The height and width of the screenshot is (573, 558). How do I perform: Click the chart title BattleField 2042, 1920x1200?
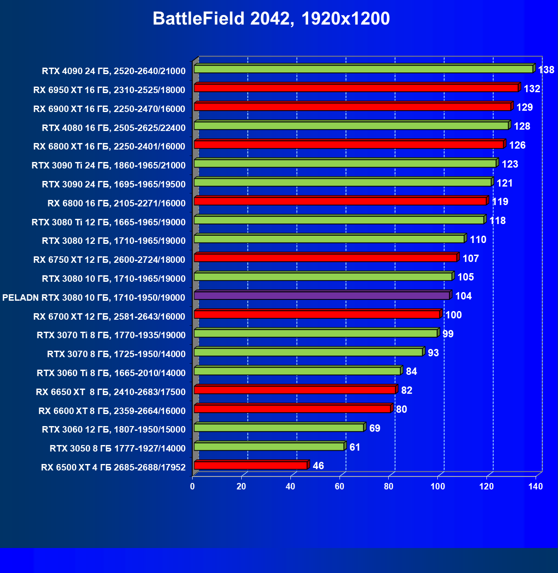pyautogui.click(x=271, y=19)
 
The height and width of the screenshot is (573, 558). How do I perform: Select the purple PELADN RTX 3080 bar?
pyautogui.click(x=322, y=296)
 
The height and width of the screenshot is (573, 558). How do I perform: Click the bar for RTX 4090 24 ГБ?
pyautogui.click(x=363, y=69)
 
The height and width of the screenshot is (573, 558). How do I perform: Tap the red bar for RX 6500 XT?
pyautogui.click(x=251, y=465)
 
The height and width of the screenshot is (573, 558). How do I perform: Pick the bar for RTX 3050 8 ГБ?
pyautogui.click(x=269, y=447)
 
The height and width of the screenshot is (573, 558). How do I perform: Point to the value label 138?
pyautogui.click(x=546, y=70)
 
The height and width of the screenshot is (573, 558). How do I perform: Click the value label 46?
pyautogui.click(x=318, y=466)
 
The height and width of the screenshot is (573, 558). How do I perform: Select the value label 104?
pyautogui.click(x=463, y=296)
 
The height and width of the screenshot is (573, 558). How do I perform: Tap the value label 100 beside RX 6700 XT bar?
pyautogui.click(x=453, y=315)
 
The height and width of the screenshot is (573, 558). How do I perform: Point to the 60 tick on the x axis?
pyautogui.click(x=340, y=486)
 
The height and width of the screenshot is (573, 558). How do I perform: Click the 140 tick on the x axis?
pyautogui.click(x=536, y=486)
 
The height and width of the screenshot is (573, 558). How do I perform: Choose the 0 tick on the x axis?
pyautogui.click(x=193, y=486)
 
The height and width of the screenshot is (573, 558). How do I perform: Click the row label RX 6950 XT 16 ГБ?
pyautogui.click(x=109, y=90)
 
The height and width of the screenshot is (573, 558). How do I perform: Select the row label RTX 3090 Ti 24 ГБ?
pyautogui.click(x=108, y=165)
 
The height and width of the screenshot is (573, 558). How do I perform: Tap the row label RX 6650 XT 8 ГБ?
pyautogui.click(x=110, y=392)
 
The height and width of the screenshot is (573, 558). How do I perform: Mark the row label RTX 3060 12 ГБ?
pyautogui.click(x=113, y=430)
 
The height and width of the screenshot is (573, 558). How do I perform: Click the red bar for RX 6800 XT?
pyautogui.click(x=349, y=144)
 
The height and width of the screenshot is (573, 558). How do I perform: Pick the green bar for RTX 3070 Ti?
pyautogui.click(x=315, y=333)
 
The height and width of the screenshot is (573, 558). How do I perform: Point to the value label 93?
pyautogui.click(x=433, y=353)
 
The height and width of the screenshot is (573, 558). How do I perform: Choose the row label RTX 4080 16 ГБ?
pyautogui.click(x=113, y=128)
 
